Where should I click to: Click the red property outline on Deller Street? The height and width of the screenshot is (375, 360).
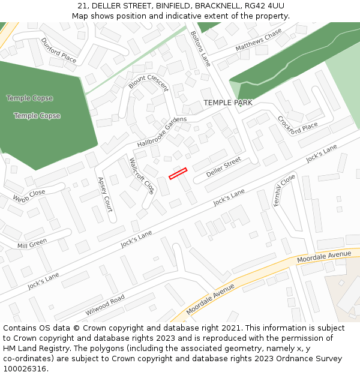(178, 173)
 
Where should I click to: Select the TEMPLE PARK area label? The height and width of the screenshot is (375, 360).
(227, 103)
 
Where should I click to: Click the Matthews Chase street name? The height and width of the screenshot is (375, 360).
(258, 40)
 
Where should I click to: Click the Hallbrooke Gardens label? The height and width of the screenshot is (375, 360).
(162, 133)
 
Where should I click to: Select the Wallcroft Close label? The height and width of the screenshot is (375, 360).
(142, 176)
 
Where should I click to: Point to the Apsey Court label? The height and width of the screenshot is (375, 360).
(104, 194)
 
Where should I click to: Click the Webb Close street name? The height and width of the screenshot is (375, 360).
(29, 196)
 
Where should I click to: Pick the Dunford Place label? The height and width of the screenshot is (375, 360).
(59, 50)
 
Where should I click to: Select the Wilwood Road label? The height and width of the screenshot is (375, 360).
(105, 305)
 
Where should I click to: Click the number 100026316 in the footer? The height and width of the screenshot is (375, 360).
(25, 368)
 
